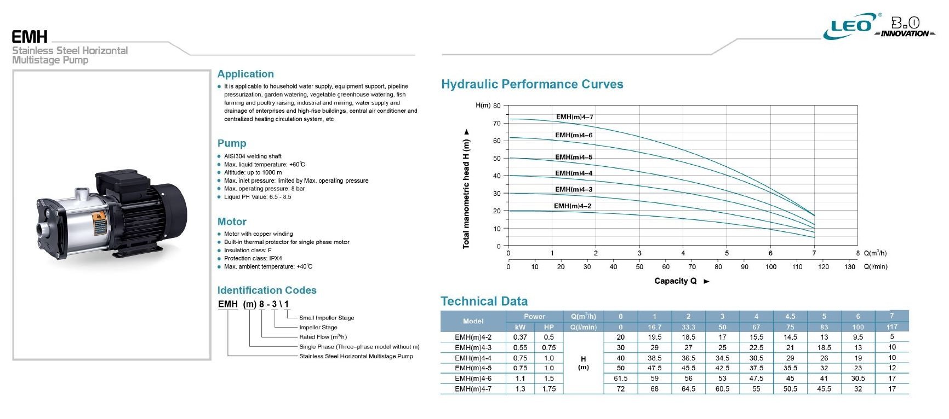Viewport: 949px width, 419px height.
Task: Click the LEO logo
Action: tap(851, 26)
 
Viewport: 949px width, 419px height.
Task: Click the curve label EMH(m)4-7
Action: tap(574, 117)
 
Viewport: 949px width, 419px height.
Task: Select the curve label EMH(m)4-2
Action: tap(572, 206)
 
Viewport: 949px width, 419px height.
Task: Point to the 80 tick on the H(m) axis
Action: tap(497, 106)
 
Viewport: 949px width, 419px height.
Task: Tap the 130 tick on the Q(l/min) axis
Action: tap(850, 267)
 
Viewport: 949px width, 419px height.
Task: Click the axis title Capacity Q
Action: tap(676, 281)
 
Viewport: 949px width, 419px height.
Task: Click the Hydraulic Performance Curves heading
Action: tap(532, 84)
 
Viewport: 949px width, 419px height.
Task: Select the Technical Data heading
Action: tap(484, 301)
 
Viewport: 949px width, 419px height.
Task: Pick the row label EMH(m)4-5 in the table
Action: tap(473, 368)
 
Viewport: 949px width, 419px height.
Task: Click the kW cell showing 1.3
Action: tap(520, 389)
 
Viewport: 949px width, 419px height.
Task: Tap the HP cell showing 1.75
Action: tap(548, 389)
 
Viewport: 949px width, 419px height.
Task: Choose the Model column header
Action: tap(473, 321)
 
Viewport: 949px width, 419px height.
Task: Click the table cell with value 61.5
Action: tap(620, 379)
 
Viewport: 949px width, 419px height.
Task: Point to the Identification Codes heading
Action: tap(267, 290)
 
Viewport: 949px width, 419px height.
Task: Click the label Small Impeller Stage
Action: tap(327, 318)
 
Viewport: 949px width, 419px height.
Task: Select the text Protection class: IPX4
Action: tap(253, 258)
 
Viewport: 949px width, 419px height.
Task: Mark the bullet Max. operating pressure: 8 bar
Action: tap(264, 189)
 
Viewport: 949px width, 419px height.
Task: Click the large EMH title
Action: tap(30, 37)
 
